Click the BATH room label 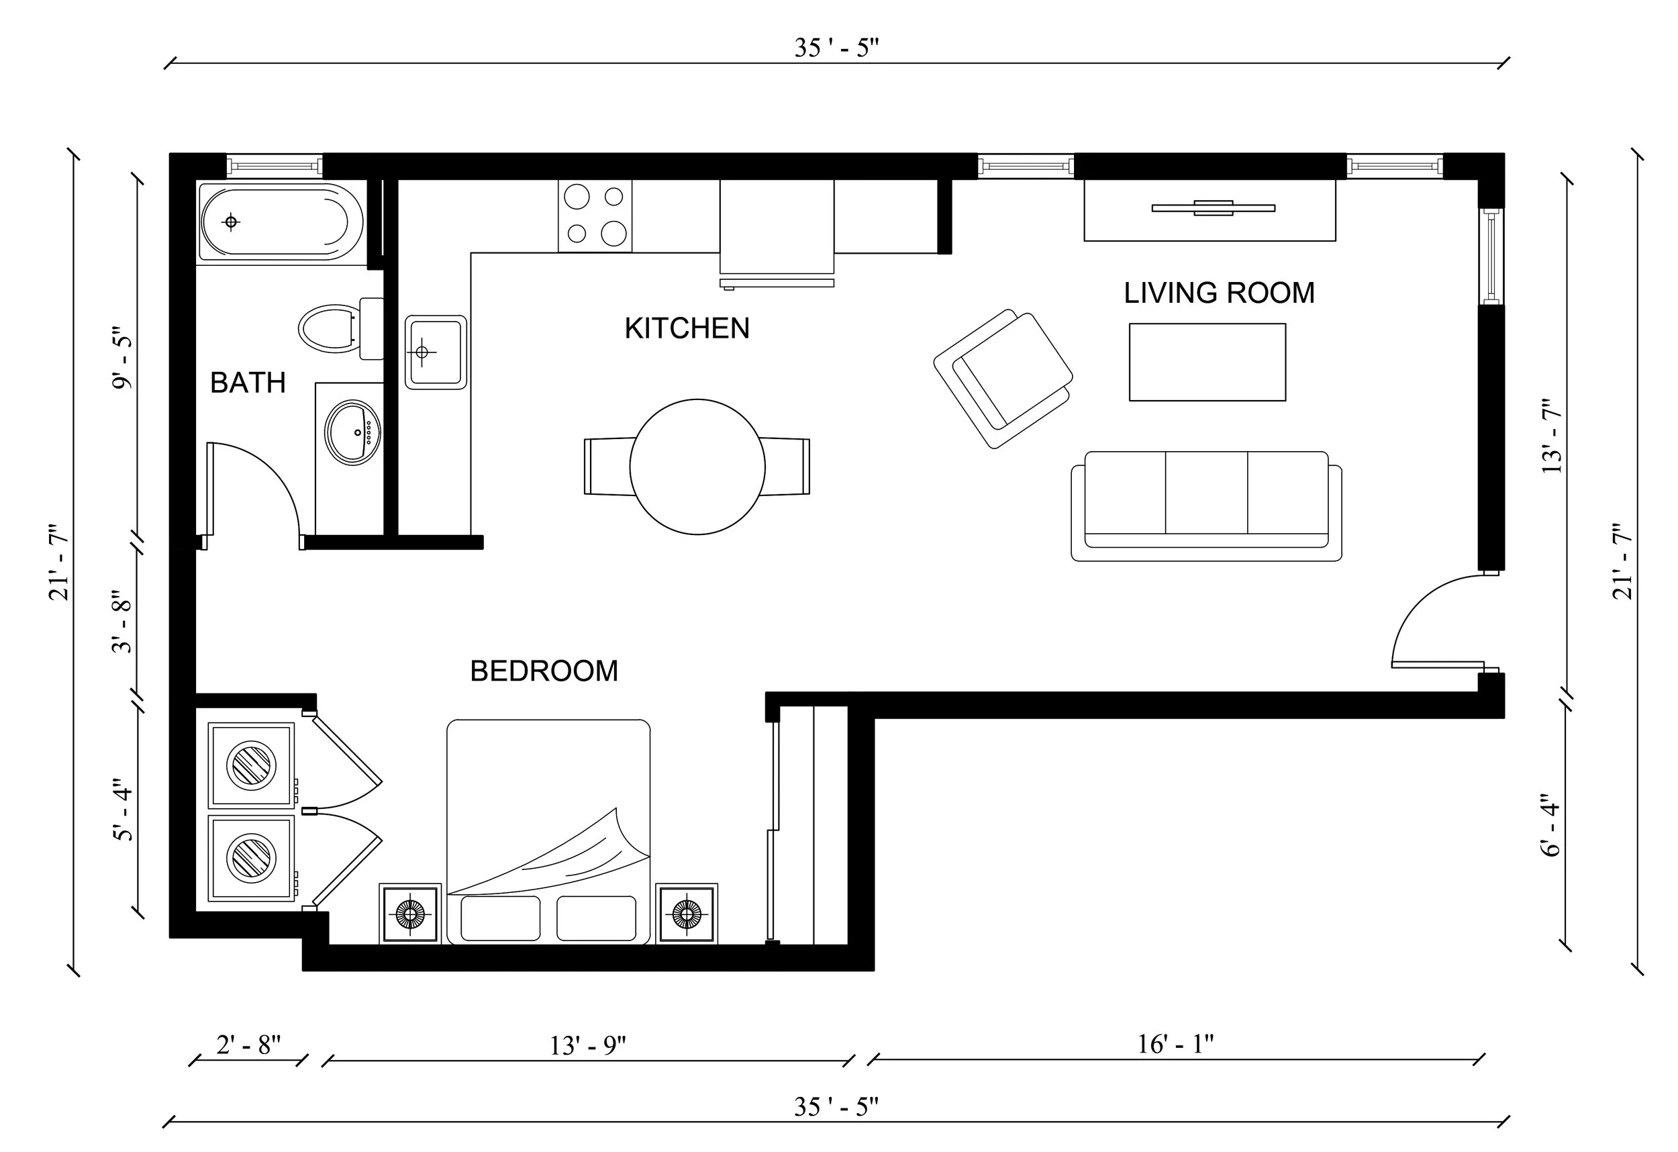point(248,382)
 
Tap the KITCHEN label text point(687,329)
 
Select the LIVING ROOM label point(1219,293)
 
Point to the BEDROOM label point(544,671)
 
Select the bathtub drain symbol point(231,222)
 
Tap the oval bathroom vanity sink point(352,432)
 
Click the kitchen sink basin point(435,352)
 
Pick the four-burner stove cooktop point(595,216)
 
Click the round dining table point(697,467)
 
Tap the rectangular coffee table point(1207,362)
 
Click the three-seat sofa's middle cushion point(1207,493)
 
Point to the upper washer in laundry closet point(251,765)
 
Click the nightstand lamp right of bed point(687,914)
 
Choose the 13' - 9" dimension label point(588,1045)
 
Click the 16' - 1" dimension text point(1175,1044)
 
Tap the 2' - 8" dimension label point(248,1045)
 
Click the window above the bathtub point(275,166)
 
